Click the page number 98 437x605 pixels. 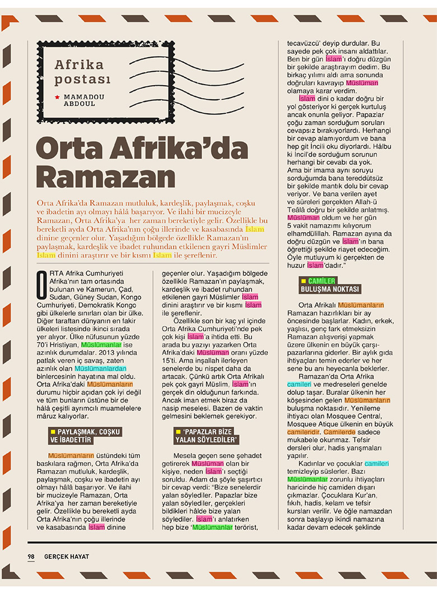tap(31, 556)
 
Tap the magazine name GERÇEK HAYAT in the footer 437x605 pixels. tap(67, 556)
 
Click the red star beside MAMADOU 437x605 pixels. tap(57, 98)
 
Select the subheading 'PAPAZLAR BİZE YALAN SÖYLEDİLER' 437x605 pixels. tap(207, 435)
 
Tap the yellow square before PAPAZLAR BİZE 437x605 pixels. tap(178, 431)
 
